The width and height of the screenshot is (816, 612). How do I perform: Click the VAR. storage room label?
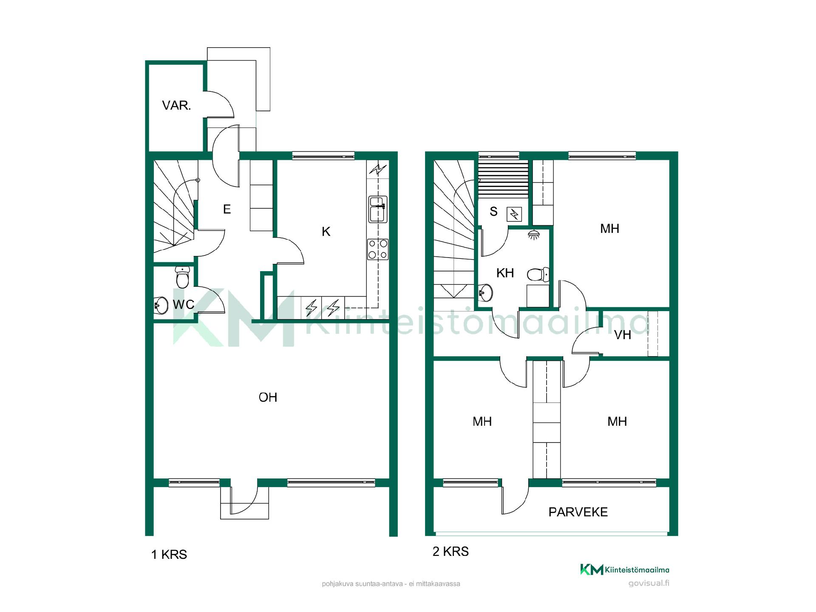(x=176, y=105)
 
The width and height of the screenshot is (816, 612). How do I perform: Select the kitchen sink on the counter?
(x=377, y=209)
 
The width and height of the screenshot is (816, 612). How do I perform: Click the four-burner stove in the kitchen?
(x=378, y=249)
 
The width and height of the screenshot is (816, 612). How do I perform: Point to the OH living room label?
(x=268, y=397)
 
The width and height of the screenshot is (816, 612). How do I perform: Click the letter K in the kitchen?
(x=326, y=232)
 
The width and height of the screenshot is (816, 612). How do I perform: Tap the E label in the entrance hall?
(x=227, y=209)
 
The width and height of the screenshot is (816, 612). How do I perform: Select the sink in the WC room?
(x=161, y=305)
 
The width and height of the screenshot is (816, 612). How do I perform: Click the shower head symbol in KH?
(x=534, y=234)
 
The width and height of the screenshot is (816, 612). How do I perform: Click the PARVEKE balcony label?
(x=578, y=512)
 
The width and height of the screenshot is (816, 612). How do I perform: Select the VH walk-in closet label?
(x=623, y=335)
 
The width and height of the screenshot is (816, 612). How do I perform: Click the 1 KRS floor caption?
(x=169, y=555)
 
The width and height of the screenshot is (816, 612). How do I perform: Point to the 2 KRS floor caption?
(x=450, y=552)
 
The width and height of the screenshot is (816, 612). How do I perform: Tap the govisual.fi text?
(x=649, y=583)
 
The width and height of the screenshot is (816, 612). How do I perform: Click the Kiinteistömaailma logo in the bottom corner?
(x=625, y=569)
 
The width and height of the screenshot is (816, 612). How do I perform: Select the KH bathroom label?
(x=505, y=273)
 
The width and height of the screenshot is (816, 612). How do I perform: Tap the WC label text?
(x=184, y=304)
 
